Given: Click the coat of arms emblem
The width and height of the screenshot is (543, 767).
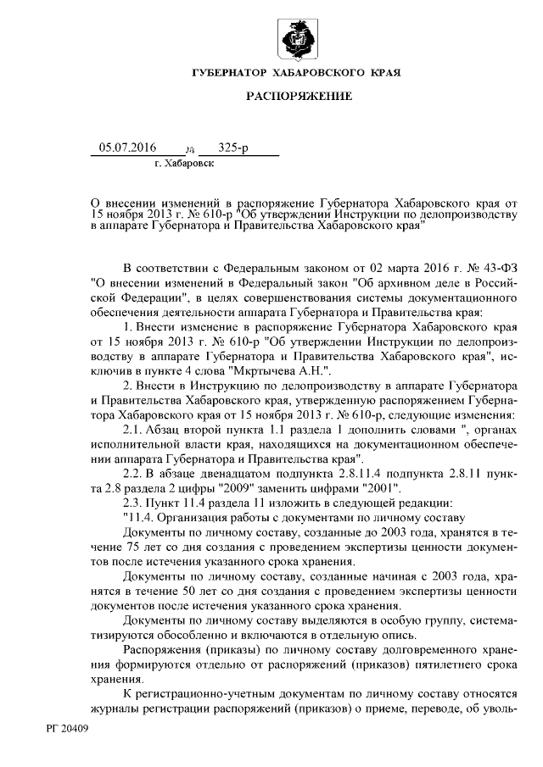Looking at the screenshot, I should (x=299, y=39).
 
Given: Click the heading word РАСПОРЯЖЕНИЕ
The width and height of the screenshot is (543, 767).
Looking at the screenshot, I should (x=299, y=97).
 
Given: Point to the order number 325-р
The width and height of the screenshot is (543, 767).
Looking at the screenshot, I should (x=233, y=148).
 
